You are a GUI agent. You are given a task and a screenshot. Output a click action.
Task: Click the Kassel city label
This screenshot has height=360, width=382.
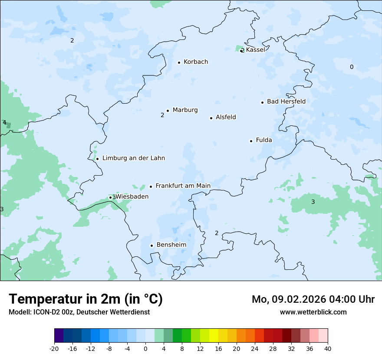click(255, 50)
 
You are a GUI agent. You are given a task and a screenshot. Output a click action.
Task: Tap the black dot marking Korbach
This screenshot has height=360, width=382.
click(179, 62)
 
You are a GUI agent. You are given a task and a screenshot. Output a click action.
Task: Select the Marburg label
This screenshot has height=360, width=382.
click(185, 110)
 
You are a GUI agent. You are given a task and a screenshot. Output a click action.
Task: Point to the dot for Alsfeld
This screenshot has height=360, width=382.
click(211, 118)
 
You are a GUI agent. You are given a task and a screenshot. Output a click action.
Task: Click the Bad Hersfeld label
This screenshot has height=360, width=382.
click(286, 101)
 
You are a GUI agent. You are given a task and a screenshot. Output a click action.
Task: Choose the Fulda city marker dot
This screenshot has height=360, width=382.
click(251, 141)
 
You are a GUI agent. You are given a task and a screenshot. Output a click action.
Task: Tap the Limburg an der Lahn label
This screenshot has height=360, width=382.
click(133, 158)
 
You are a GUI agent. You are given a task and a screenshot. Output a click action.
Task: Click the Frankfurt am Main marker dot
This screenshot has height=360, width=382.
click(151, 187)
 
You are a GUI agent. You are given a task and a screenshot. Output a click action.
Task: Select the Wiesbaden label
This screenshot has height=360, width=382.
click(132, 197)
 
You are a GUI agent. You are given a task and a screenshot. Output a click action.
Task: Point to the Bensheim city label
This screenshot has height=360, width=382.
click(171, 245)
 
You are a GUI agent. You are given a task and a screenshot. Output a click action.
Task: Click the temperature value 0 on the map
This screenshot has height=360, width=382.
click(352, 67)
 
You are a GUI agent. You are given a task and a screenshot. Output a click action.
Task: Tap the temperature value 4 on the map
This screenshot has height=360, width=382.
click(4, 123)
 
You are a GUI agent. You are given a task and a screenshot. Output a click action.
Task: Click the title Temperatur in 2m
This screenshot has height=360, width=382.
click(86, 299)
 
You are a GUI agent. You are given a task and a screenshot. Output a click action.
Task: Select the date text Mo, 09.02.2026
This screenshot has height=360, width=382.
click(291, 299)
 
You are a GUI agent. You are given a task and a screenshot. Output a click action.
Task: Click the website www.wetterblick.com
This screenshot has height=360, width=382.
click(313, 312)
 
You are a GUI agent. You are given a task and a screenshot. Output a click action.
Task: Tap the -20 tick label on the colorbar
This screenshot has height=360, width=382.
click(54, 348)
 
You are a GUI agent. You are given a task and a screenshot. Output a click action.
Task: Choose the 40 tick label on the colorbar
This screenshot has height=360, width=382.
click(328, 348)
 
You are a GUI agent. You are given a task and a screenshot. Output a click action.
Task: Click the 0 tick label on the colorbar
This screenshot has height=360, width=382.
click(145, 348)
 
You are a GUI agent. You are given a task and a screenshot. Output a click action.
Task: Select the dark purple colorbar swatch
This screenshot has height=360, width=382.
click(59, 336)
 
